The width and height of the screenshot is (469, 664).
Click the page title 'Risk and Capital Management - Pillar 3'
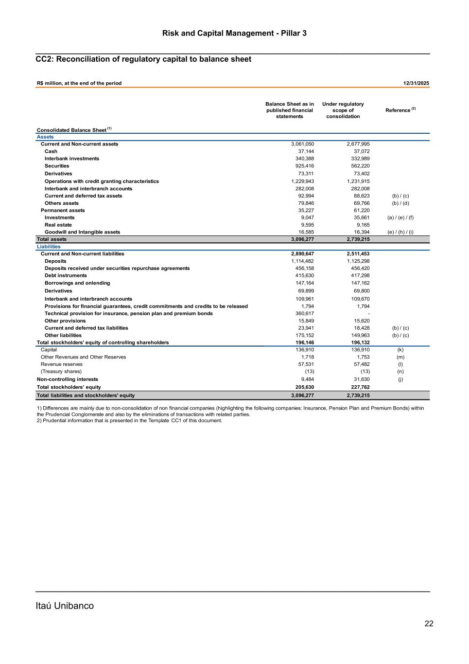click(x=234, y=33)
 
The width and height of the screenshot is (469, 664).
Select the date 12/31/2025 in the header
click(x=416, y=83)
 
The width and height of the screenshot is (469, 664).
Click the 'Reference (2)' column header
click(x=400, y=110)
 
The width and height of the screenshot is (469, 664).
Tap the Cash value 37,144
click(x=306, y=151)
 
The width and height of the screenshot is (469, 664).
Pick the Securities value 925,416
click(x=304, y=166)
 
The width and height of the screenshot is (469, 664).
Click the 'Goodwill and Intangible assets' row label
click(x=82, y=232)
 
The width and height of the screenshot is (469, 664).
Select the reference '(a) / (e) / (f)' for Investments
click(x=400, y=217)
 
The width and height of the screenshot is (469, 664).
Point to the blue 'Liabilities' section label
click(x=49, y=247)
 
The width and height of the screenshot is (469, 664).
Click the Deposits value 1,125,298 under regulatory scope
click(x=355, y=261)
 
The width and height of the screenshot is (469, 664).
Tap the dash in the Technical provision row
click(x=368, y=313)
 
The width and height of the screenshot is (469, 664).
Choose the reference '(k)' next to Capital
click(x=400, y=350)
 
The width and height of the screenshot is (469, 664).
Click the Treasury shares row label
click(x=61, y=372)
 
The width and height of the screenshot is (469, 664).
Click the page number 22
click(x=429, y=624)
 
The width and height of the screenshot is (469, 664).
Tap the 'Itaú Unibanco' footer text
click(x=65, y=606)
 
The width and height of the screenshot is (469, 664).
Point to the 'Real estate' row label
click(x=58, y=225)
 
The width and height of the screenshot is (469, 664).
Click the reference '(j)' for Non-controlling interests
click(x=400, y=379)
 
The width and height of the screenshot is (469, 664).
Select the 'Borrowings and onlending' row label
click(x=77, y=283)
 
